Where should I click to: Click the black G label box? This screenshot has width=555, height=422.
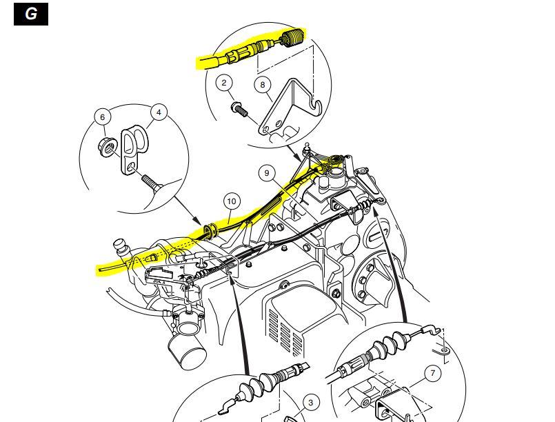pyautogui.click(x=31, y=14)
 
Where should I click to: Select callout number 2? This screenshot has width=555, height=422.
pyautogui.click(x=223, y=83)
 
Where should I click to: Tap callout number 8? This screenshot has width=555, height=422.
pyautogui.click(x=262, y=85)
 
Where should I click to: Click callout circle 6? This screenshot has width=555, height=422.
pyautogui.click(x=103, y=117)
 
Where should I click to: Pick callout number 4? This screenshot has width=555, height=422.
pyautogui.click(x=159, y=112)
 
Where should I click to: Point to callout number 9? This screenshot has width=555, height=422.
pyautogui.click(x=267, y=173)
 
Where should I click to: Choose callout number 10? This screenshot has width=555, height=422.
pyautogui.click(x=232, y=201)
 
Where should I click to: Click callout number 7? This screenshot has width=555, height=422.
pyautogui.click(x=432, y=373)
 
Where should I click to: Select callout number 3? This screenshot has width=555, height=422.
pyautogui.click(x=310, y=403)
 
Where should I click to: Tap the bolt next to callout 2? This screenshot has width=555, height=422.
pyautogui.click(x=240, y=110)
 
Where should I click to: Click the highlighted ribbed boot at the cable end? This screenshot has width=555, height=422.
pyautogui.click(x=293, y=37)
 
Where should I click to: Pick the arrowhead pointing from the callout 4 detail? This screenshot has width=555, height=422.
pyautogui.click(x=199, y=221)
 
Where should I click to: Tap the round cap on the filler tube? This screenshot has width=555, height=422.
pyautogui.click(x=120, y=244)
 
